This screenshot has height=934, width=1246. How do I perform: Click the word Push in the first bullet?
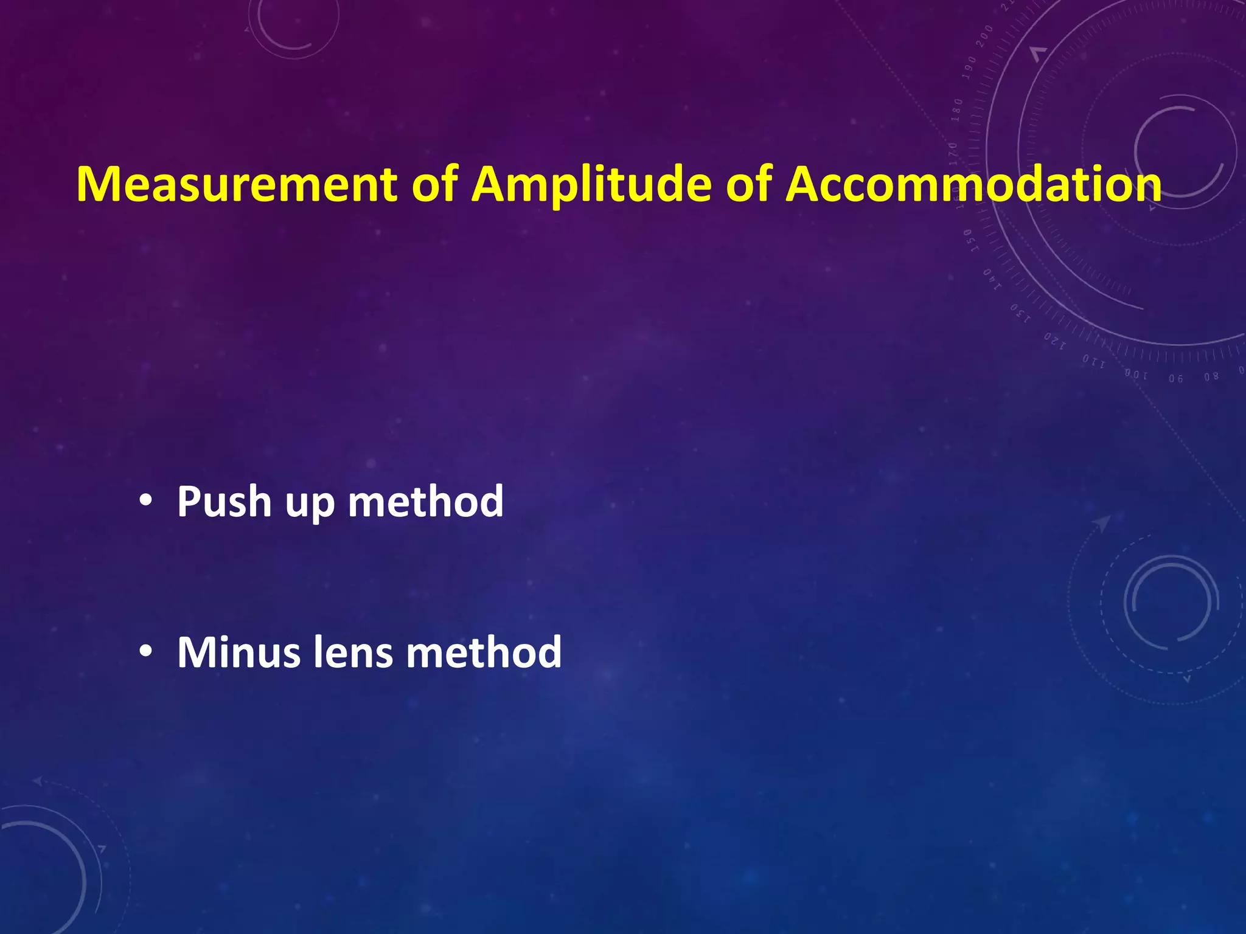click(x=224, y=502)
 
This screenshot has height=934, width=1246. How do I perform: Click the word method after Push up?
click(x=425, y=502)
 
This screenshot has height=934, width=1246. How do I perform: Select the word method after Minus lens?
click(x=484, y=652)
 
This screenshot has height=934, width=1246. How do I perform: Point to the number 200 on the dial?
click(x=984, y=36)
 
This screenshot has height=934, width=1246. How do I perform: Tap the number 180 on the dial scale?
click(x=958, y=109)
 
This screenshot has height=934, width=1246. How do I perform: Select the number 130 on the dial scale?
click(x=1020, y=313)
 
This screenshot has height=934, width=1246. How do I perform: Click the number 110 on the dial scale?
click(x=1093, y=362)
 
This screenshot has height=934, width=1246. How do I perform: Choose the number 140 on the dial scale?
click(x=992, y=279)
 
